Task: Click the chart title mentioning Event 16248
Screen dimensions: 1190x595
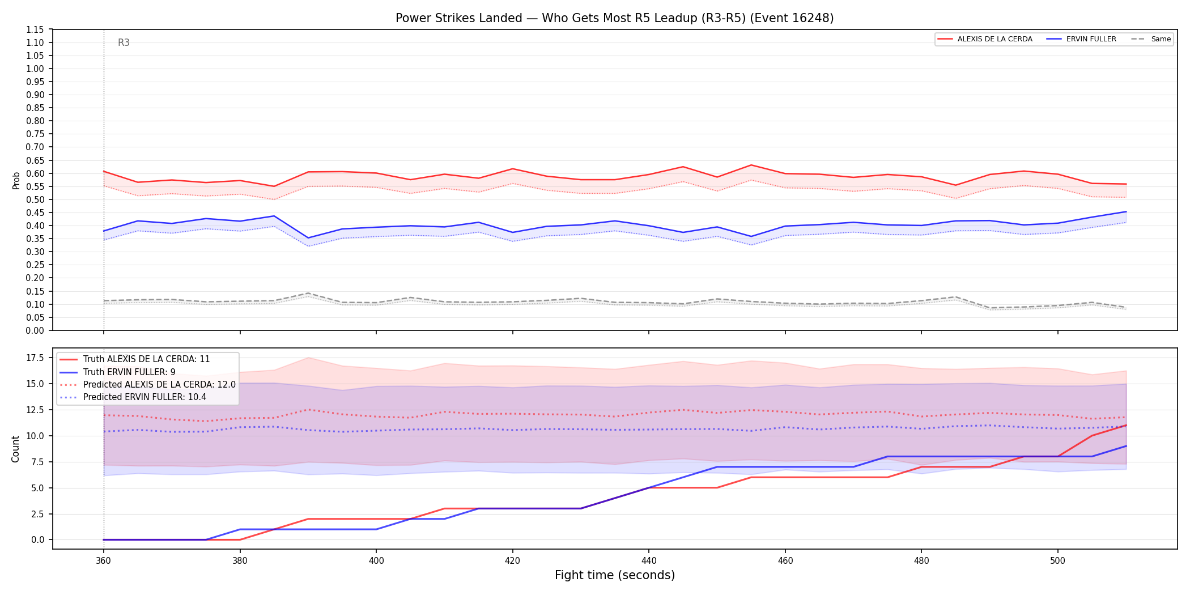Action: coord(614,18)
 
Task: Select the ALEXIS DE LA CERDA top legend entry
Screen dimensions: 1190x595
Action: coord(985,39)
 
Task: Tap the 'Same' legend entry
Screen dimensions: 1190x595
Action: coord(1151,39)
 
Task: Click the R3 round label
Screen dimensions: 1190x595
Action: coord(124,42)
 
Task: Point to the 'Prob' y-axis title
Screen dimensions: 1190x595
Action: coord(16,180)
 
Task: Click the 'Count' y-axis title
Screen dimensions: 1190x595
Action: coord(15,449)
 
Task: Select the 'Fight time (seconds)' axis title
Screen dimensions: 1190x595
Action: coord(615,575)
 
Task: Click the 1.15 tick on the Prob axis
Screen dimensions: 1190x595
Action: coord(35,29)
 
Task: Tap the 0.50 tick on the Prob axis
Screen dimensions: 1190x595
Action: coord(35,199)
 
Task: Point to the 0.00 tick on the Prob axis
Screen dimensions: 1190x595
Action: coord(35,330)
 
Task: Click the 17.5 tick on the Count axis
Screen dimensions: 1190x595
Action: coord(35,358)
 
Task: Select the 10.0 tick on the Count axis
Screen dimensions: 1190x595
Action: coord(35,436)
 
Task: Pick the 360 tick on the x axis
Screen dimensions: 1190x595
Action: coord(103,561)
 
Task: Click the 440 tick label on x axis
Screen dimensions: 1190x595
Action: coord(649,561)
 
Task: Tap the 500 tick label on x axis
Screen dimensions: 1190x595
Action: coord(1058,561)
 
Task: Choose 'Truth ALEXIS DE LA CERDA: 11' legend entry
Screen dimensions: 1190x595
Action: coord(135,359)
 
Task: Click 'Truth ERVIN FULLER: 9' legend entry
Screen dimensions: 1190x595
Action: coord(118,372)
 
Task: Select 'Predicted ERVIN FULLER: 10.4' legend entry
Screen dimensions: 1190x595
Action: coord(133,397)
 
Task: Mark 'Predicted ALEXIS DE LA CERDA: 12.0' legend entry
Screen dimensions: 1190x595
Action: coord(148,385)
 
